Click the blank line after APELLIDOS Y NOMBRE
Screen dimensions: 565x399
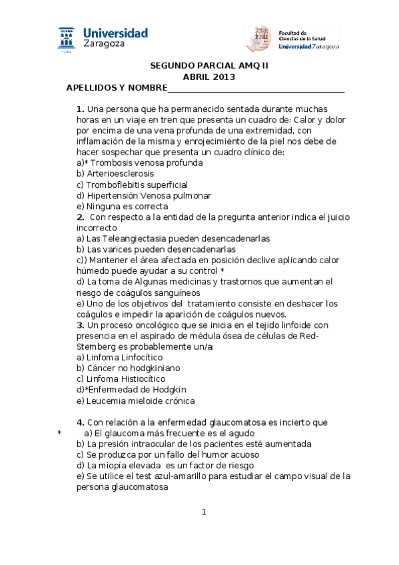[x=256, y=89]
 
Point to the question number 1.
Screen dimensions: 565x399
[x=80, y=109]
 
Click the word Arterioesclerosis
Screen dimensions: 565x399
[x=115, y=173]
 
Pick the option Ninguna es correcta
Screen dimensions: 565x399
[x=123, y=206]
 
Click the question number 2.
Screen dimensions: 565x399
[x=80, y=217]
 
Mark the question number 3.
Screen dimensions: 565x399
[x=80, y=325]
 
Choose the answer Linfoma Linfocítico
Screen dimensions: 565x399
[x=121, y=357]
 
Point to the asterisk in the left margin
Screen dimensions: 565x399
[x=59, y=433]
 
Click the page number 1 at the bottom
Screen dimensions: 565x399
[x=204, y=512]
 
